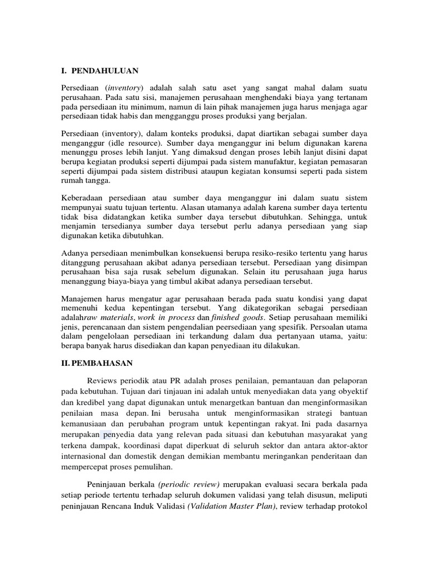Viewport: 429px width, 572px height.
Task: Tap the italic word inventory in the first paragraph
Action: (125, 89)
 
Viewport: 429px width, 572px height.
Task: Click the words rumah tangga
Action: (86, 181)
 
